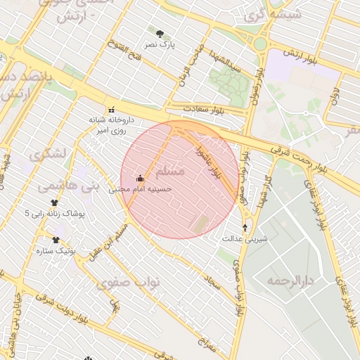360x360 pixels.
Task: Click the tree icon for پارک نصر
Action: (160, 33)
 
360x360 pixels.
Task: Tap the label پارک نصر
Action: (160, 44)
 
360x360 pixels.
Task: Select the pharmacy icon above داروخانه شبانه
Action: (110, 110)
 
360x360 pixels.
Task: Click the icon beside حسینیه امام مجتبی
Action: (140, 179)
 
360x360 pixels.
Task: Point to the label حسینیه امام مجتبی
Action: (141, 190)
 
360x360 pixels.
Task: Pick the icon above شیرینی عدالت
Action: (245, 227)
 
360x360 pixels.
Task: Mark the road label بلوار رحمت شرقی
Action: (302, 159)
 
